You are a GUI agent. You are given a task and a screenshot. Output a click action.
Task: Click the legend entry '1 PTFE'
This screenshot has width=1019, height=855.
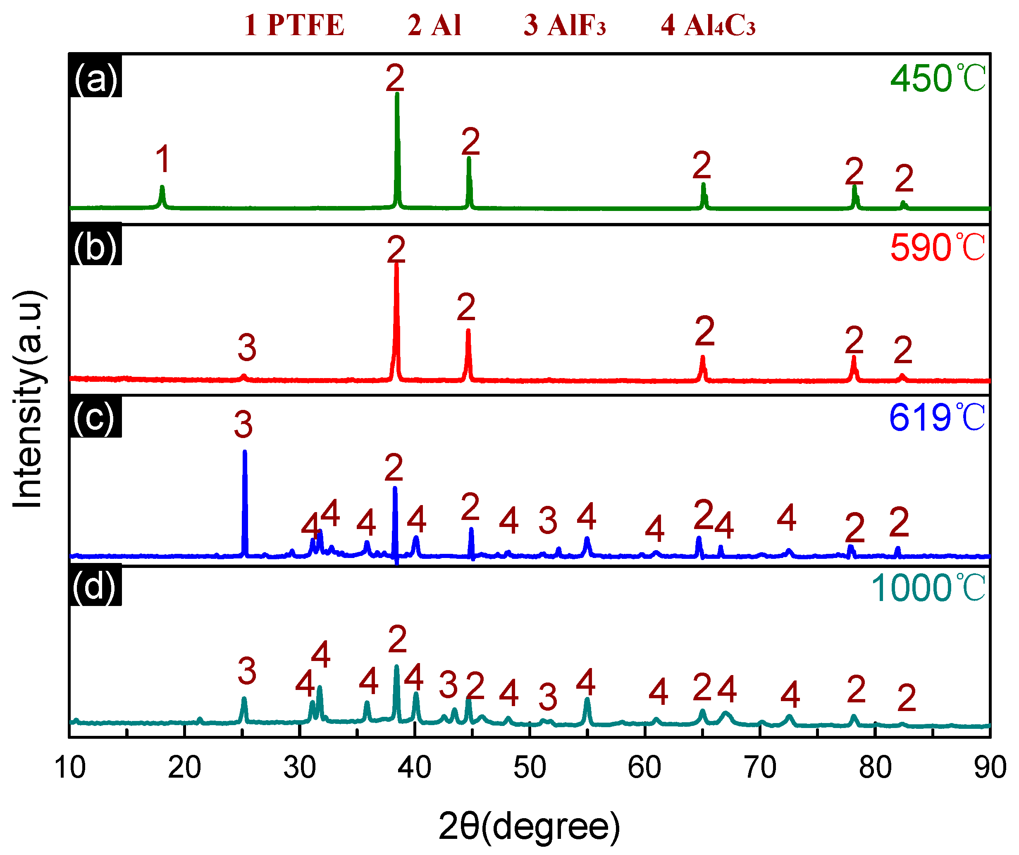(x=294, y=25)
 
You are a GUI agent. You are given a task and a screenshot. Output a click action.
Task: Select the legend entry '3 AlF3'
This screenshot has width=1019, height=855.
(x=565, y=25)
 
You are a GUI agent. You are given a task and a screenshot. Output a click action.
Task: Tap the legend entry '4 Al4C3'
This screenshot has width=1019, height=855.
(x=708, y=25)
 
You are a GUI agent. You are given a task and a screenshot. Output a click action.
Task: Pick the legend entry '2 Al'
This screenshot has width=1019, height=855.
(x=434, y=25)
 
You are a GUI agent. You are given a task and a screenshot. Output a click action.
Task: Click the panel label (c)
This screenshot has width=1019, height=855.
(x=95, y=417)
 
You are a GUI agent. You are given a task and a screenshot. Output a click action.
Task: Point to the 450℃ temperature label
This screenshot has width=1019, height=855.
(x=938, y=78)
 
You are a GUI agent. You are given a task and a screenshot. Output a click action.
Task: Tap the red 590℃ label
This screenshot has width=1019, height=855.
(x=937, y=248)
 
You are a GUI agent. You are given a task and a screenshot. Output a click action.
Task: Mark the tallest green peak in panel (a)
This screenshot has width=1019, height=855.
(x=397, y=146)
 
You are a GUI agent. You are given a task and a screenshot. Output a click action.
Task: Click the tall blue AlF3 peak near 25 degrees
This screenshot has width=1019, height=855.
(x=245, y=500)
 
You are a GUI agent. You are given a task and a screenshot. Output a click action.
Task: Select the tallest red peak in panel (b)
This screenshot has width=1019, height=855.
(x=396, y=316)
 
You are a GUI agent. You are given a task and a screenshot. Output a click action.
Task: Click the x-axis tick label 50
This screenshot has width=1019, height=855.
(x=530, y=768)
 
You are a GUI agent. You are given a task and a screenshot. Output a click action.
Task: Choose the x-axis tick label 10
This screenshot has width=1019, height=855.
(x=70, y=768)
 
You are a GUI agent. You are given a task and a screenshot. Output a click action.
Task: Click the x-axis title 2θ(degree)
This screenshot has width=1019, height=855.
(x=529, y=826)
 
